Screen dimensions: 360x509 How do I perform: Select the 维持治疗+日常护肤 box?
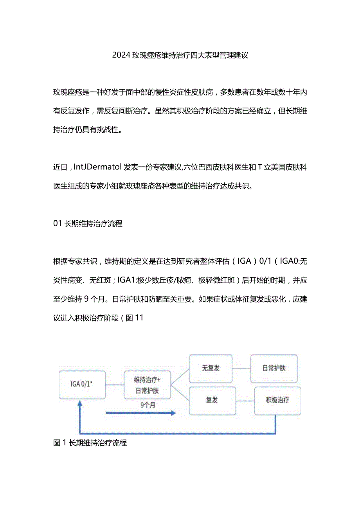point(147,385)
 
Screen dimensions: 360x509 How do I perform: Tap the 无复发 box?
point(211,369)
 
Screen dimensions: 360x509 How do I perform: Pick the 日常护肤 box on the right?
point(274,369)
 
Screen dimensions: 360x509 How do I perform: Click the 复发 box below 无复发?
point(212,401)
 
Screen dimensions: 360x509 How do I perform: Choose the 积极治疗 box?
point(277,401)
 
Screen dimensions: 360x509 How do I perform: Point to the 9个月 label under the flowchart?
point(148,405)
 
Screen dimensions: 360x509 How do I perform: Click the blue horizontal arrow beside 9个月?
point(141,413)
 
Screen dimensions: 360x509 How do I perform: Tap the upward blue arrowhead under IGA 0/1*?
point(80,405)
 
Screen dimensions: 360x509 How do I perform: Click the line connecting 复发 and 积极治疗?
point(245,401)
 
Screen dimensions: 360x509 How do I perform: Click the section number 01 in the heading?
point(58,224)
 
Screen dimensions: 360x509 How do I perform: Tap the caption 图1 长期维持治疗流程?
point(90,443)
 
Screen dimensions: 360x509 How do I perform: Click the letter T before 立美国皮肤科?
point(259,168)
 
